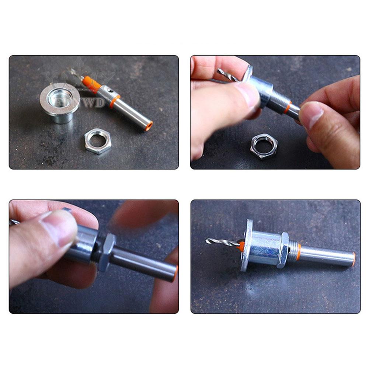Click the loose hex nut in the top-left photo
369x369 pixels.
(97, 140)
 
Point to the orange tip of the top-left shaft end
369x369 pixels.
(149, 126)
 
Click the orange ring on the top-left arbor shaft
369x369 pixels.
(115, 101)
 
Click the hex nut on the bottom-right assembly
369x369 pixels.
(283, 250)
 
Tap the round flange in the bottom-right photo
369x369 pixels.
(246, 245)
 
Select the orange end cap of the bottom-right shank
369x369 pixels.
(354, 259)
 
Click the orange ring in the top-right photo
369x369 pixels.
(287, 107)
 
